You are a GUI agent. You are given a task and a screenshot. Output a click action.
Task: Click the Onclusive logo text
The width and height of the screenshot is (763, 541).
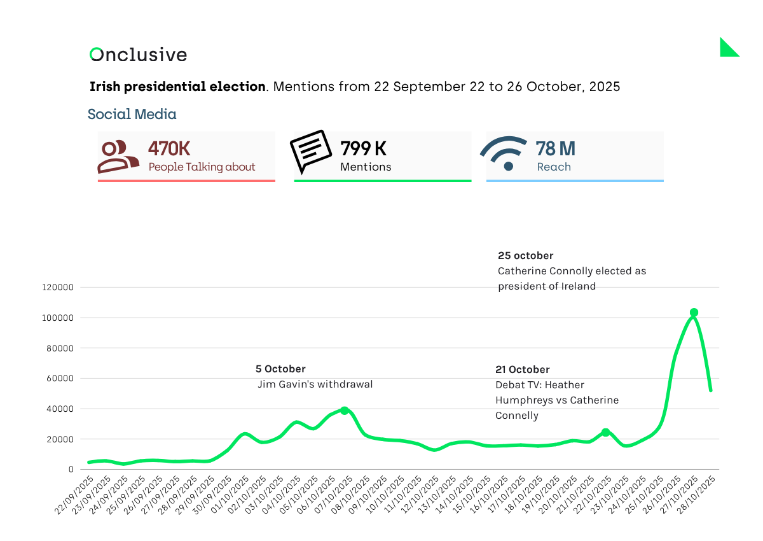(x=139, y=55)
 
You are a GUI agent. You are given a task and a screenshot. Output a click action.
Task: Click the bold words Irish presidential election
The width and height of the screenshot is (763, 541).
(x=177, y=87)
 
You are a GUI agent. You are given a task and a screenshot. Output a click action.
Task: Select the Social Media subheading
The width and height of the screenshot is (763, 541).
(x=132, y=115)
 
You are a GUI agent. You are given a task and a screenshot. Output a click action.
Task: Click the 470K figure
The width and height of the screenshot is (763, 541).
(x=169, y=149)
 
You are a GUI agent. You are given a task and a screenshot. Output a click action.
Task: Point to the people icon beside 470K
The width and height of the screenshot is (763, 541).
(x=118, y=157)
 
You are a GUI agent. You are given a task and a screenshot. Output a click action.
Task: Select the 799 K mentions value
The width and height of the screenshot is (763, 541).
(x=364, y=149)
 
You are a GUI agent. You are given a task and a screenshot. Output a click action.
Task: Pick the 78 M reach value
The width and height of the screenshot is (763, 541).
(x=555, y=149)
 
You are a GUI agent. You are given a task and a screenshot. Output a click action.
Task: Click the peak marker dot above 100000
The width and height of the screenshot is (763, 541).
(x=694, y=313)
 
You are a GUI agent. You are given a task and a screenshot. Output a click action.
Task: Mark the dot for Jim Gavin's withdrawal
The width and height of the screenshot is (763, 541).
(x=344, y=411)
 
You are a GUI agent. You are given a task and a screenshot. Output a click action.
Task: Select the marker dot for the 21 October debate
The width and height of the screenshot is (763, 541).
(x=605, y=432)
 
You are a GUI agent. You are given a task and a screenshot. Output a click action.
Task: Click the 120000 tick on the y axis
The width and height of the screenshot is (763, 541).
(x=58, y=288)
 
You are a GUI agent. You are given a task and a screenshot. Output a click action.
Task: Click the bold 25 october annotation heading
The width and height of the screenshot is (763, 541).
(x=525, y=256)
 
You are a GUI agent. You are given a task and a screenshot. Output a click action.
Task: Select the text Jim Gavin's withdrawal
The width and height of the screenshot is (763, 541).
(x=315, y=384)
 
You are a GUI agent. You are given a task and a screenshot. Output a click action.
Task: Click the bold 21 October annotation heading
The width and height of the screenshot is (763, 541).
(x=522, y=370)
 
